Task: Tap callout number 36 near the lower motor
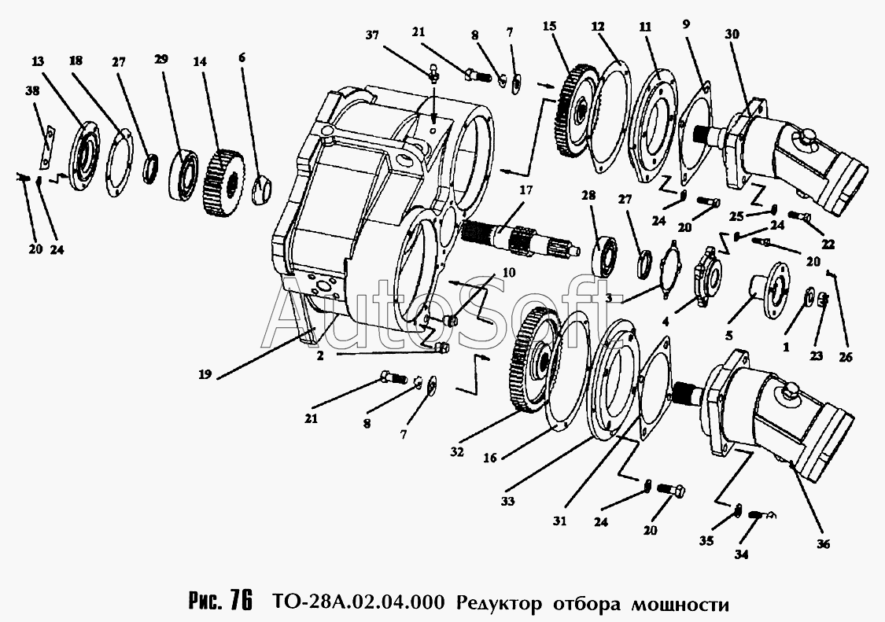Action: tap(824, 543)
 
